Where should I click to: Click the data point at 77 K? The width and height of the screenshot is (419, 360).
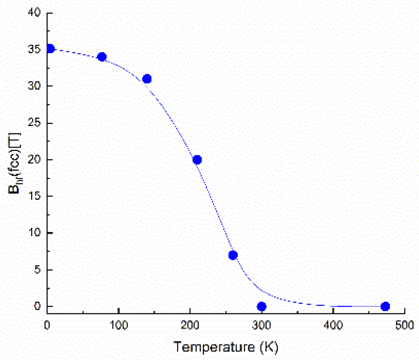pyautogui.click(x=102, y=57)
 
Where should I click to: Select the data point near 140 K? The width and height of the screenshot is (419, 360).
pyautogui.click(x=147, y=79)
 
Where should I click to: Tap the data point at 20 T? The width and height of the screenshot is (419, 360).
pyautogui.click(x=197, y=160)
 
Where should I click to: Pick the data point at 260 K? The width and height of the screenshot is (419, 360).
pyautogui.click(x=233, y=255)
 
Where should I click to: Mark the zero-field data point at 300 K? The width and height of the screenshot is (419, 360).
pyautogui.click(x=261, y=306)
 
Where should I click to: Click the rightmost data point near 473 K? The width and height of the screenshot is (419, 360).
pyautogui.click(x=385, y=306)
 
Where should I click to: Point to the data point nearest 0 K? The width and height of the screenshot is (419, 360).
pyautogui.click(x=50, y=49)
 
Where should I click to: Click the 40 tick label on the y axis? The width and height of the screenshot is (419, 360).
pyautogui.click(x=34, y=13)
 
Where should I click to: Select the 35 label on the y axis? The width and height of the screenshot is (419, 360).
pyautogui.click(x=34, y=50)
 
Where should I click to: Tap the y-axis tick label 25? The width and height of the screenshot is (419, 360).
pyautogui.click(x=34, y=123)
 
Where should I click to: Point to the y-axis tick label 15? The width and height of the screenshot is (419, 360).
pyautogui.click(x=34, y=197)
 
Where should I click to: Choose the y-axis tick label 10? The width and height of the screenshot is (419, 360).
pyautogui.click(x=34, y=233)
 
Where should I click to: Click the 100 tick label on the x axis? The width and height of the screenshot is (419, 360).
pyautogui.click(x=118, y=324)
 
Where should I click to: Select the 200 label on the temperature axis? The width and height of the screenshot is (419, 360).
pyautogui.click(x=190, y=324)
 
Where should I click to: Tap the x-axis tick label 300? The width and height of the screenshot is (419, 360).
pyautogui.click(x=261, y=324)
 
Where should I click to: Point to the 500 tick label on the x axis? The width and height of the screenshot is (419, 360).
pyautogui.click(x=404, y=324)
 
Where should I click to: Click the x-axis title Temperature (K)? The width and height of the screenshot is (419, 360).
pyautogui.click(x=226, y=346)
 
